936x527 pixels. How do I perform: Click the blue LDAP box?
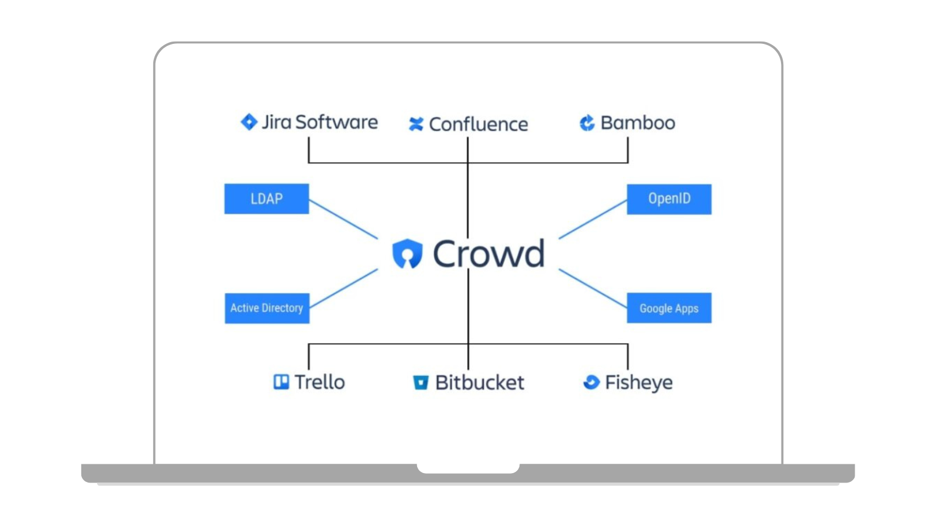pyautogui.click(x=266, y=199)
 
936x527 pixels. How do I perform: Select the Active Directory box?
pyautogui.click(x=267, y=308)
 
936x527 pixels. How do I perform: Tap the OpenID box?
pyautogui.click(x=669, y=199)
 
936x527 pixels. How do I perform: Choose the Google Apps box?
pyautogui.click(x=669, y=308)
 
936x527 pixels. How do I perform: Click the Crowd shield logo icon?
pyautogui.click(x=407, y=254)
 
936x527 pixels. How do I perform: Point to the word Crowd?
pyautogui.click(x=488, y=254)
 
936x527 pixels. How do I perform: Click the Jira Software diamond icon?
pyautogui.click(x=249, y=122)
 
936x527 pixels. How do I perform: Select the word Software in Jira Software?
pyautogui.click(x=336, y=122)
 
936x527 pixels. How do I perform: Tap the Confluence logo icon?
pyautogui.click(x=416, y=124)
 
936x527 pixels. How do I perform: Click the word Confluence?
pyautogui.click(x=478, y=124)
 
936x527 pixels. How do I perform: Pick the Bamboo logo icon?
pyautogui.click(x=587, y=123)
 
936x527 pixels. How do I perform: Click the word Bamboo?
pyautogui.click(x=638, y=123)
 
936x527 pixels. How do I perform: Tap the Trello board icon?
pyautogui.click(x=281, y=382)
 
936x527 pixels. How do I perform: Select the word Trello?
pyautogui.click(x=319, y=382)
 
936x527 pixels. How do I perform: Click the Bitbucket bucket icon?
pyautogui.click(x=421, y=382)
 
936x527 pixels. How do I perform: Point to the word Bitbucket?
pyautogui.click(x=480, y=382)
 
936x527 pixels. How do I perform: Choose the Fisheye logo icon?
pyautogui.click(x=591, y=382)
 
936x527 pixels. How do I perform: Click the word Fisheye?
pyautogui.click(x=638, y=382)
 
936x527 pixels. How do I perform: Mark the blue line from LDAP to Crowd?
pyautogui.click(x=343, y=220)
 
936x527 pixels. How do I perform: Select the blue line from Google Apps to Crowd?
pyautogui.click(x=593, y=289)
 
